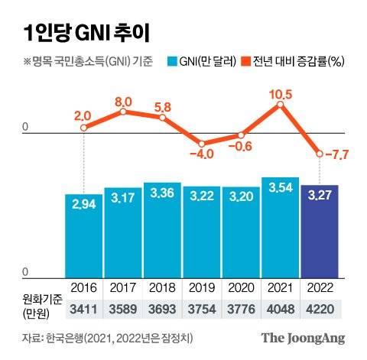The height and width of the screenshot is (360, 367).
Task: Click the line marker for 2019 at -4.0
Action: pos(201,143)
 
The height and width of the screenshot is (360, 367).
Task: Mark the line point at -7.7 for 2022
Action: pos(320,155)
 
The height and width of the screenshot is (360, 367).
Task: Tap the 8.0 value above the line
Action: pos(123,101)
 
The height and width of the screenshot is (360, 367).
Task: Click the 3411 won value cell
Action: pos(83,308)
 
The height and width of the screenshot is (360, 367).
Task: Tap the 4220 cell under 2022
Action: pos(320,308)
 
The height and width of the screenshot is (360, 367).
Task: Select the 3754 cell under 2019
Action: pos(201,308)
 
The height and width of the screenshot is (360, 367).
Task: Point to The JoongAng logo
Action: pos(304,337)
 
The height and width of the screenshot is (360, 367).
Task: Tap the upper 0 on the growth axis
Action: pos(24,127)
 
